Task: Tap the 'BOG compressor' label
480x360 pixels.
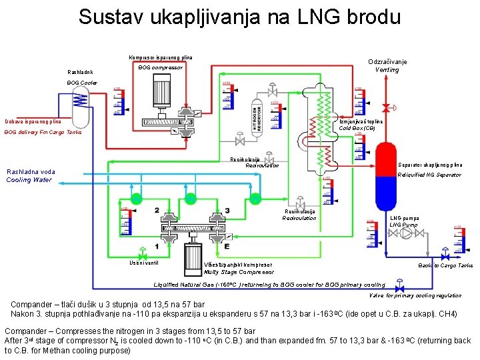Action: [x=160, y=67]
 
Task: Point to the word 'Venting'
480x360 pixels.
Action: [x=387, y=70]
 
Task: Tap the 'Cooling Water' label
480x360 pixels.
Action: [x=29, y=180]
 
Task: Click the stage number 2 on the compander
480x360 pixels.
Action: [x=156, y=211]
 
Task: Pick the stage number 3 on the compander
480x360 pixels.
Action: [x=227, y=211]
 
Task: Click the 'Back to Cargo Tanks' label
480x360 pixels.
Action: [x=445, y=265]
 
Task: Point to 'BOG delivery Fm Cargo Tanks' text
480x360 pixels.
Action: [x=43, y=133]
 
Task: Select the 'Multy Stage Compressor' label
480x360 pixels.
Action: [x=239, y=272]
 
